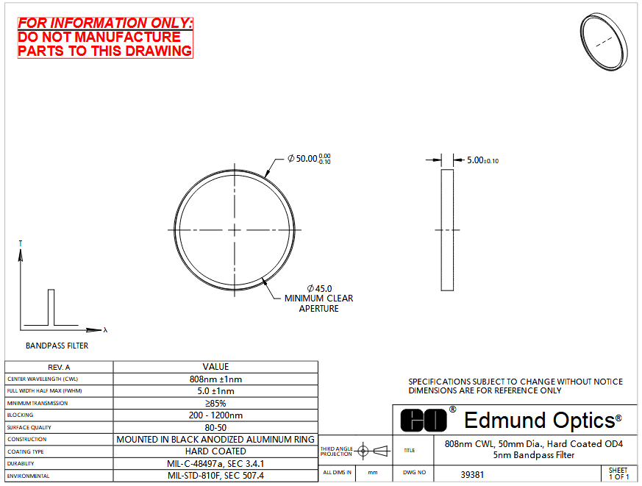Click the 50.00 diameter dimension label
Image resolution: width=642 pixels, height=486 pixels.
coord(309,159)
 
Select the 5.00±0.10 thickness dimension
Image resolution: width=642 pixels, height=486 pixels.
coord(482,160)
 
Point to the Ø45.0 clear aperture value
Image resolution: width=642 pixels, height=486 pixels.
coord(319,289)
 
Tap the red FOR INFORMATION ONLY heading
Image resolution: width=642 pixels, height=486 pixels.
coord(105,23)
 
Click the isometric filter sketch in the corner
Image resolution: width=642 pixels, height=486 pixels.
coord(604,41)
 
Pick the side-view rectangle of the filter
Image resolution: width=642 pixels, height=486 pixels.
coord(447,230)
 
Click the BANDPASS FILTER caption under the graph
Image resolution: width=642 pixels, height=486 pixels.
coord(57,346)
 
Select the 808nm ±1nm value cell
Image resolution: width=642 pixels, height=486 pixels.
coord(215,379)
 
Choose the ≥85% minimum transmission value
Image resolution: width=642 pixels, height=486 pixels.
coord(215,404)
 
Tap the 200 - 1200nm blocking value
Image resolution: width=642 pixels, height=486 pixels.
coord(215,415)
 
